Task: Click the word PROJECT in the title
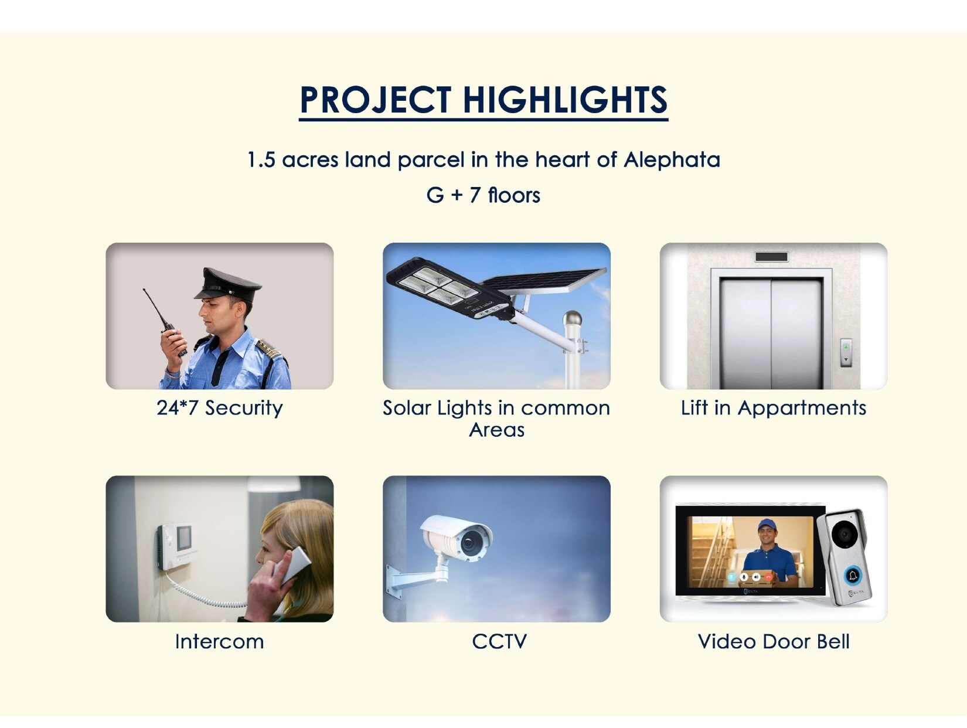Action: [376, 100]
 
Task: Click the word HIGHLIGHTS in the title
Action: [565, 100]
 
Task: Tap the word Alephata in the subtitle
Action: [672, 160]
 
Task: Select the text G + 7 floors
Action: [483, 195]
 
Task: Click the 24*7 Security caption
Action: [219, 409]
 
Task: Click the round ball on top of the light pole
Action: [573, 318]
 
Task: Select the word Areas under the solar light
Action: [496, 430]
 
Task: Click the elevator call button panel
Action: [846, 352]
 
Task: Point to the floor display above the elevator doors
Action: [771, 257]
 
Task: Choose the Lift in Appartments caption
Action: [774, 409]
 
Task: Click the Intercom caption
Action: [219, 642]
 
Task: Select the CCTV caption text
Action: [499, 642]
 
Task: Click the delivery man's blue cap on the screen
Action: [766, 524]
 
